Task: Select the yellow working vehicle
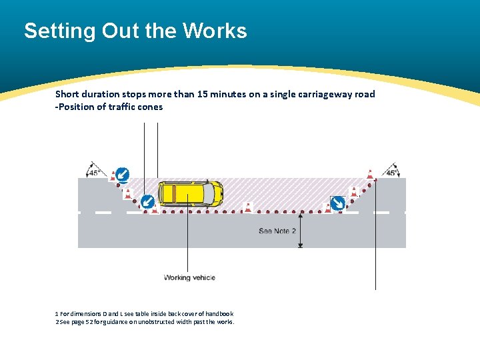coord(189,193)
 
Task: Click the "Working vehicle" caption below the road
coord(189,277)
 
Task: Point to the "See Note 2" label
coord(277,231)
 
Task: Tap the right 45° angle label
coord(392,172)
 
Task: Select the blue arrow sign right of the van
coord(337,203)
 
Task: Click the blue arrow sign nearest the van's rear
coord(148,202)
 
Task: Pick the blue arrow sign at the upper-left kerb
coord(121,174)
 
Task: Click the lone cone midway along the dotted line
coord(248,207)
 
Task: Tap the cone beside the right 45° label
coord(370,175)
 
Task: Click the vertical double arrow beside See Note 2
coord(301,229)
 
